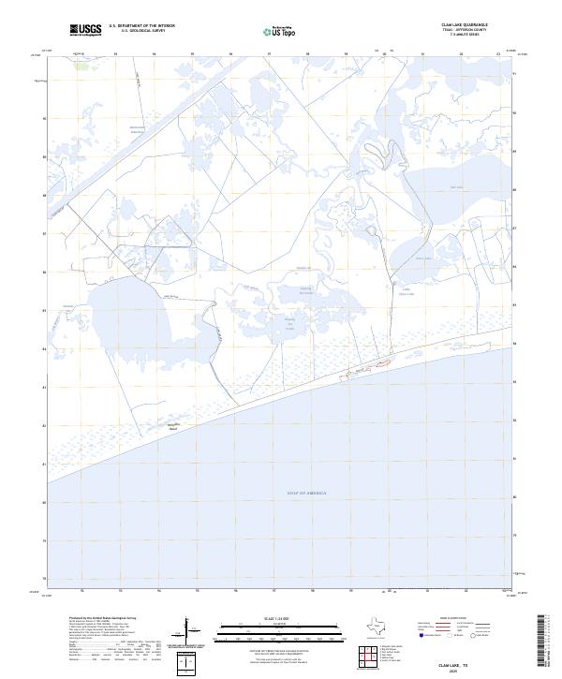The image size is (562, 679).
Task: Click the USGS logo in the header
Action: tap(86, 30)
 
